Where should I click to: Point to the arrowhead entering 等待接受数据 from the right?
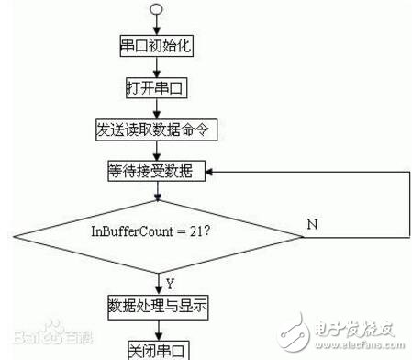(210, 172)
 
